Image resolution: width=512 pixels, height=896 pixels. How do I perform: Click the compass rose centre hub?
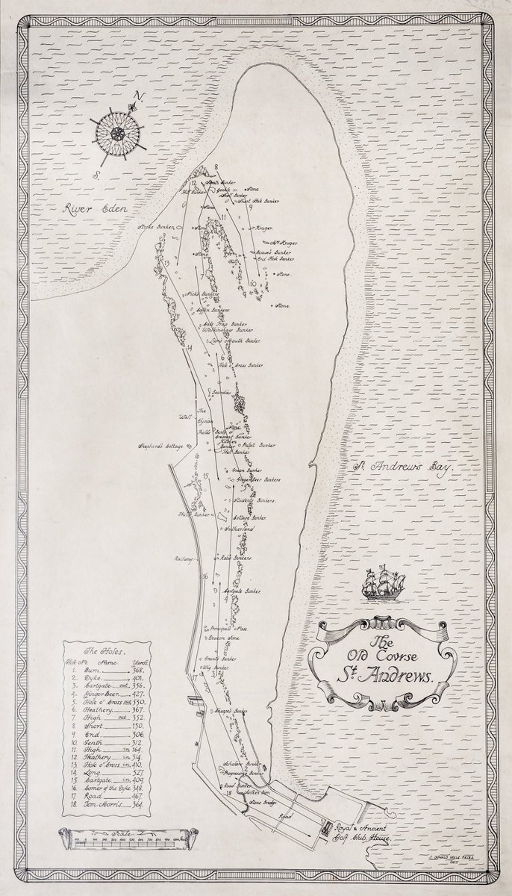tap(117, 134)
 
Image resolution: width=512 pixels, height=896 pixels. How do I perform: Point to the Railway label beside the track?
tap(184, 558)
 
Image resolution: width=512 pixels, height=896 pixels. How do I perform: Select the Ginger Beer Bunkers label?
tap(257, 479)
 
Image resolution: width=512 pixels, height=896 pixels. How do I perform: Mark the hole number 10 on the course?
tap(254, 284)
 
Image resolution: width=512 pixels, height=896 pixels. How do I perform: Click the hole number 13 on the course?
tap(166, 264)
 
